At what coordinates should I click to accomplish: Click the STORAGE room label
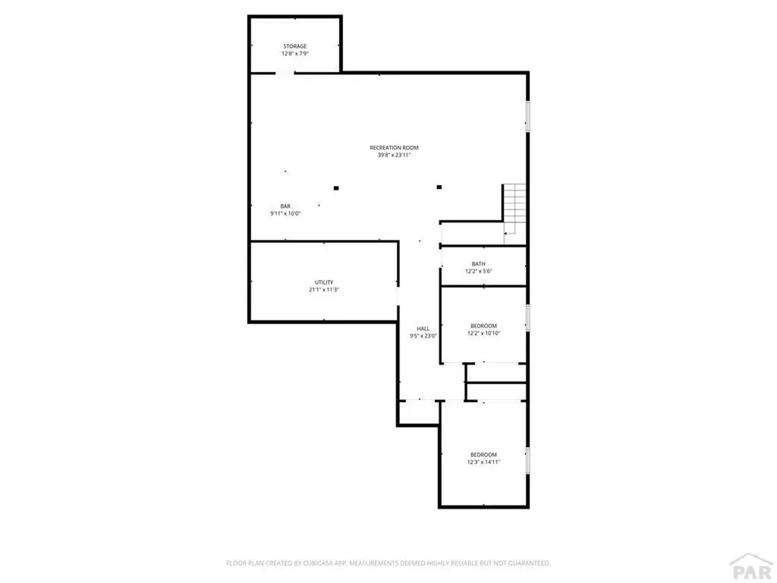coord(295,46)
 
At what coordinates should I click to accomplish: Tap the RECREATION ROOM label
coord(394,147)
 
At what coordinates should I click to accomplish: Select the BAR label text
coord(285,206)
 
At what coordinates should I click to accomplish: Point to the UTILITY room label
coord(323,282)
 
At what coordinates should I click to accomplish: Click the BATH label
coord(479,264)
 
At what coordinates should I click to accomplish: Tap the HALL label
coord(423,329)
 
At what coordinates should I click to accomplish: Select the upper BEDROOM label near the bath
coord(483,326)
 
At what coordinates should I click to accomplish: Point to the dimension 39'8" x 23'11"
coord(394,156)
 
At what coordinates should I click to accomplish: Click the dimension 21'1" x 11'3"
coord(323,290)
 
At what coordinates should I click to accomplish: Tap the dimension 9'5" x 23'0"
coord(423,336)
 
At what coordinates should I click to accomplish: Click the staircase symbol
coord(514,210)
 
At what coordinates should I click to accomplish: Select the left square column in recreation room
coord(335,188)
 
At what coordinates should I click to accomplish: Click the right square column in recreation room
coord(439,187)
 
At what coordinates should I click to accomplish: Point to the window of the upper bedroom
coord(528,318)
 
